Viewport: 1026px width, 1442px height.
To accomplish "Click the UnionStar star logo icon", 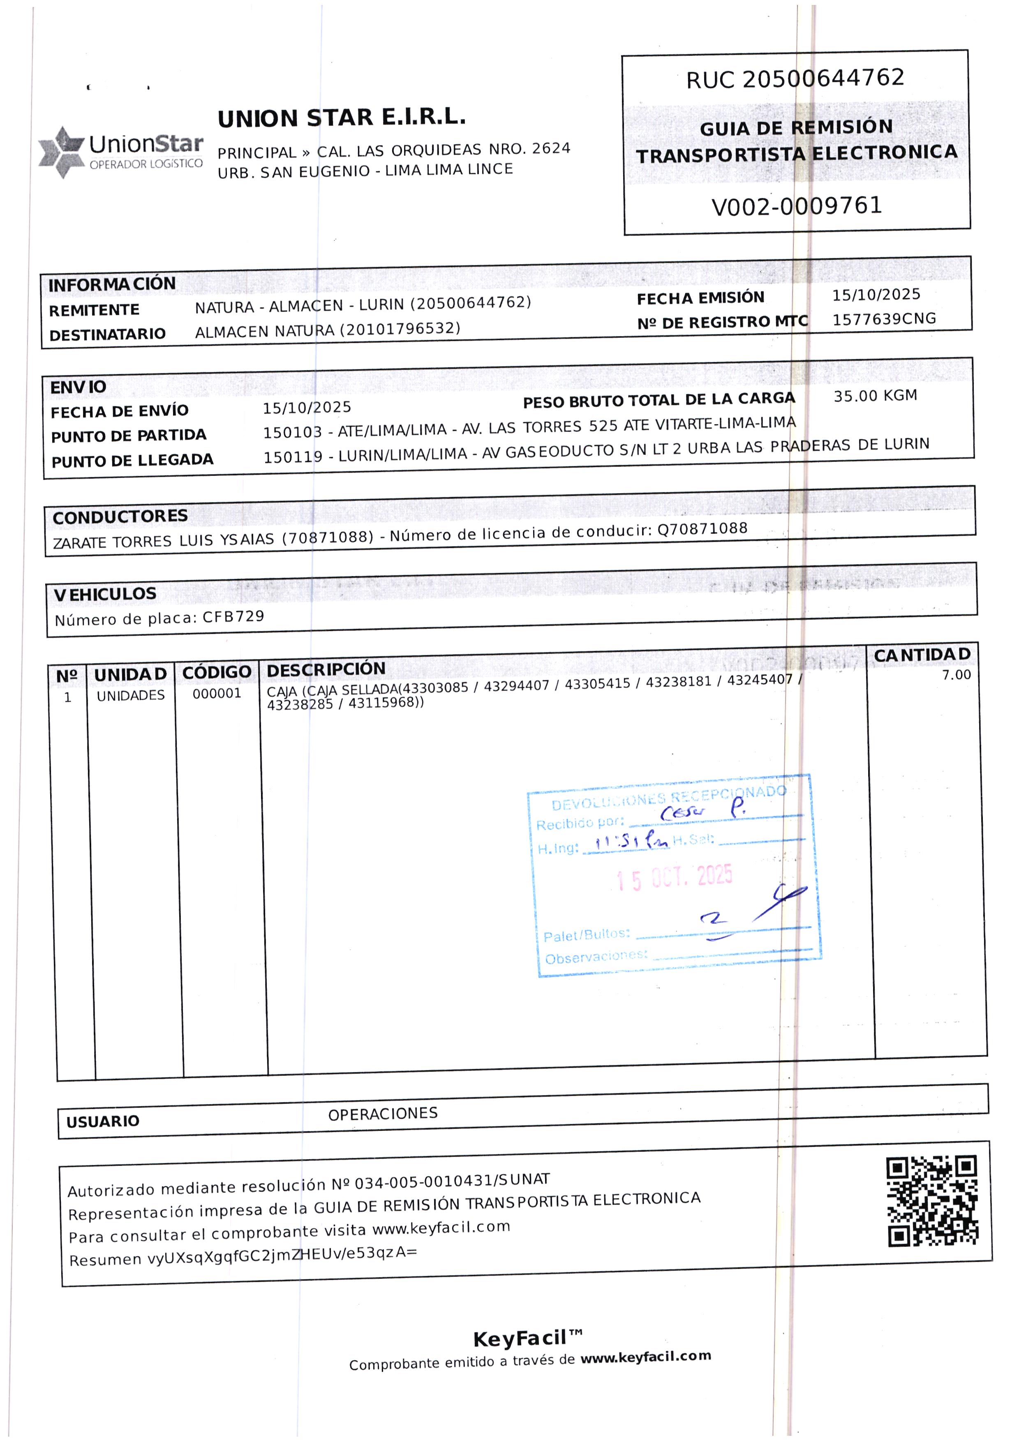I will pos(61,152).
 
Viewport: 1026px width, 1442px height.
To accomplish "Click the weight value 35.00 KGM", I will pos(875,396).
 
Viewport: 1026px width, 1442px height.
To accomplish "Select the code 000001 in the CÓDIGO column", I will pos(217,694).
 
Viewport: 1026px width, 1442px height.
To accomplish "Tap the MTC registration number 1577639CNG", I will pos(884,319).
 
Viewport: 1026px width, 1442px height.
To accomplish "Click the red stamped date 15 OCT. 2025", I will pos(674,878).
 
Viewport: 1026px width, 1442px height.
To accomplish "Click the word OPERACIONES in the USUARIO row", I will pos(383,1114).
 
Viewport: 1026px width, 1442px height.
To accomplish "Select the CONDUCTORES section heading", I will pos(120,517).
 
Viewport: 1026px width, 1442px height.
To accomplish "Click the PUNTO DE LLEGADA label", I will pos(132,460).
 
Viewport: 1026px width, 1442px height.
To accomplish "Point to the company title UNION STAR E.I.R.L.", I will pos(341,118).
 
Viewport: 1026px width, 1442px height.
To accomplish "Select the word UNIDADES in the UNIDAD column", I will pos(131,695).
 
